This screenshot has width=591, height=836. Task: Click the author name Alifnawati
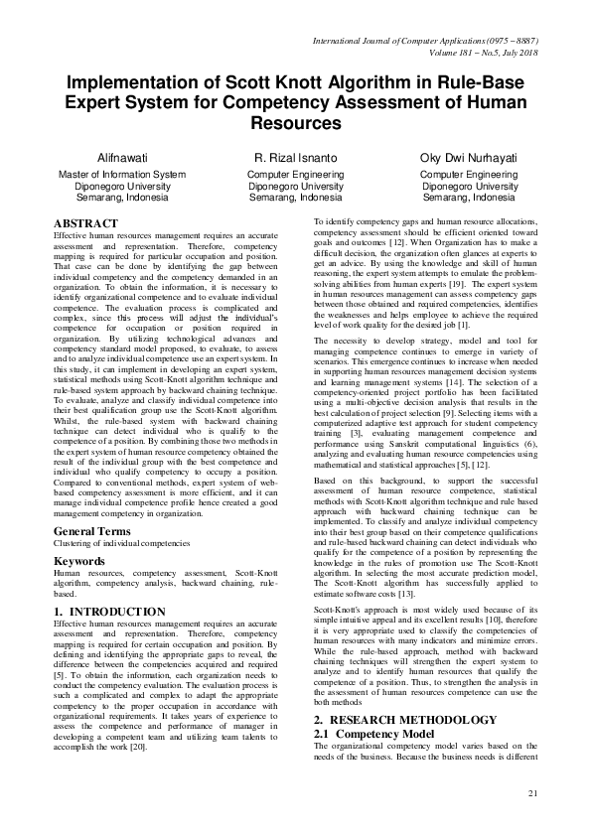(123, 159)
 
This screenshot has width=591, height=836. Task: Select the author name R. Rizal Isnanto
(296, 159)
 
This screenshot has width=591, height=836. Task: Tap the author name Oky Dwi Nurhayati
(469, 159)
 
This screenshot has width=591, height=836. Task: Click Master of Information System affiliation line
(123, 175)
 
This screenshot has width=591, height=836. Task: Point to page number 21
(532, 791)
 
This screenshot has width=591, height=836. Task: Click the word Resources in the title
(296, 123)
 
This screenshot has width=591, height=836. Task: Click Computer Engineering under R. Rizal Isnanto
(296, 175)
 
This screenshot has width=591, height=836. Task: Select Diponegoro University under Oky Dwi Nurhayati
(469, 186)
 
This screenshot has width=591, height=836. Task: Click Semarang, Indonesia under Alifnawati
(123, 197)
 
